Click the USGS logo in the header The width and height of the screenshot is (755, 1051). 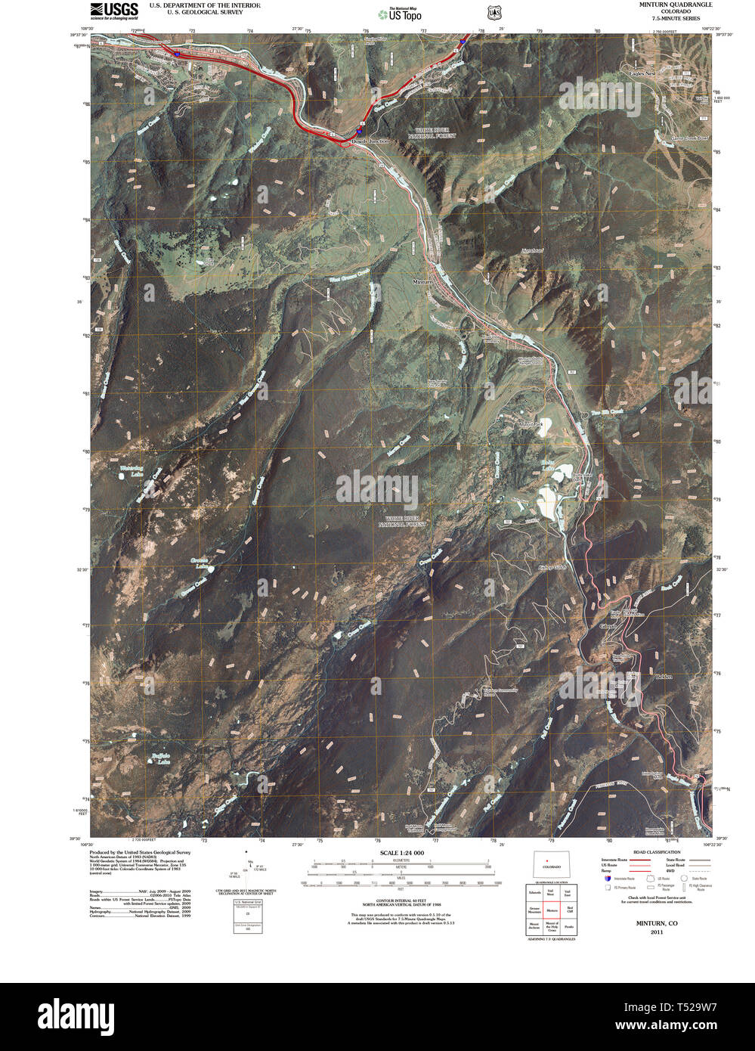coord(113,10)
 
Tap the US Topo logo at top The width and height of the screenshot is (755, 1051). coord(400,14)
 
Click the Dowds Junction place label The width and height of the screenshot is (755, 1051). coord(370,141)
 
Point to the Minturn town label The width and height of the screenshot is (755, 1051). coord(422,281)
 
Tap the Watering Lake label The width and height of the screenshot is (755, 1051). coord(132,471)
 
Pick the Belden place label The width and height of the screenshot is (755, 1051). coord(664,676)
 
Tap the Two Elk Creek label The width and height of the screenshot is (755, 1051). coord(607,412)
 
